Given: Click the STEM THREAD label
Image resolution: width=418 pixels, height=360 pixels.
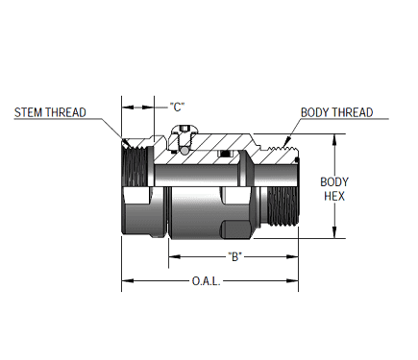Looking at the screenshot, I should point(50,112).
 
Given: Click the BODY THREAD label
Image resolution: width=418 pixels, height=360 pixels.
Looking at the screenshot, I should point(336,112).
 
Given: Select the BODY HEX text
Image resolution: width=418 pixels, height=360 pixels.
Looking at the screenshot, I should point(334,188).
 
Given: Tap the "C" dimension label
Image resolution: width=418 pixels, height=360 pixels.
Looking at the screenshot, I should point(177,105).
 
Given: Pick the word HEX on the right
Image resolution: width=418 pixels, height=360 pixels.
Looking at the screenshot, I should point(334,195).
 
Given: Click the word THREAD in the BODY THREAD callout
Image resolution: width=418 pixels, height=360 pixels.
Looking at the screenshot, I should point(353,112).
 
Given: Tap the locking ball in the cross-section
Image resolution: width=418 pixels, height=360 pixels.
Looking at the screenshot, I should point(184,150).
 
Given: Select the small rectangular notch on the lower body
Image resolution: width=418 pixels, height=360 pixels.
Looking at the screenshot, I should point(232,228).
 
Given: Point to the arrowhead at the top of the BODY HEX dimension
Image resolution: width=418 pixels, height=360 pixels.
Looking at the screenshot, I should point(334,137).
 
